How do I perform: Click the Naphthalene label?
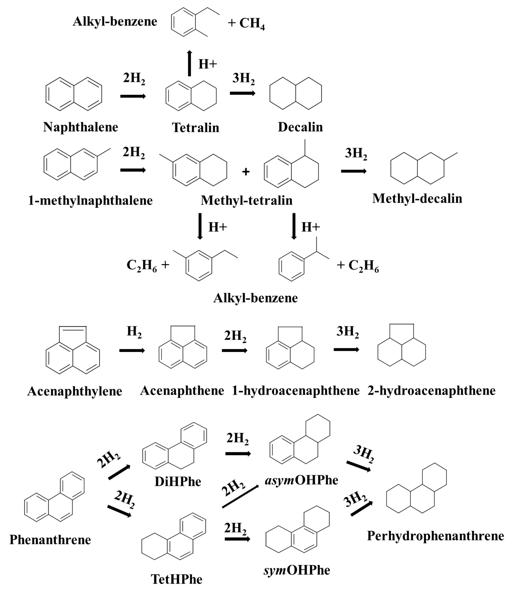tap(81, 127)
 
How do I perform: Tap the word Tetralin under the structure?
tap(195, 128)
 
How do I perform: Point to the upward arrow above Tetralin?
tap(189, 63)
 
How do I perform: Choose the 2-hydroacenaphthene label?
tap(431, 391)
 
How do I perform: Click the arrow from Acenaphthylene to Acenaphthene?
tap(132, 350)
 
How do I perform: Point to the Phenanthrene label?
tap(50, 540)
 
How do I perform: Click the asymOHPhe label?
tap(301, 480)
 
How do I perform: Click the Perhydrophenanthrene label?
tap(435, 536)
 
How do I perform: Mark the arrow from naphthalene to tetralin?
tap(133, 96)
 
